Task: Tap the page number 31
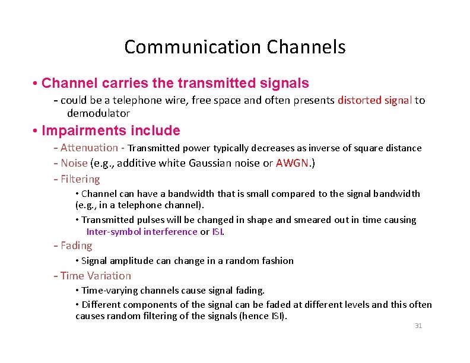418,326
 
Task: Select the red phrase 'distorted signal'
374,100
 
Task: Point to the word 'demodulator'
98,113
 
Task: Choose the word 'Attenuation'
89,148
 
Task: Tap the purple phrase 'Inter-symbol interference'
142,231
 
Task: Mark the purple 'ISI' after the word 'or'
217,231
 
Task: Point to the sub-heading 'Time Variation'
92,276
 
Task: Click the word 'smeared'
295,219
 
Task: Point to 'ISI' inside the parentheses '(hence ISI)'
277,316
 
